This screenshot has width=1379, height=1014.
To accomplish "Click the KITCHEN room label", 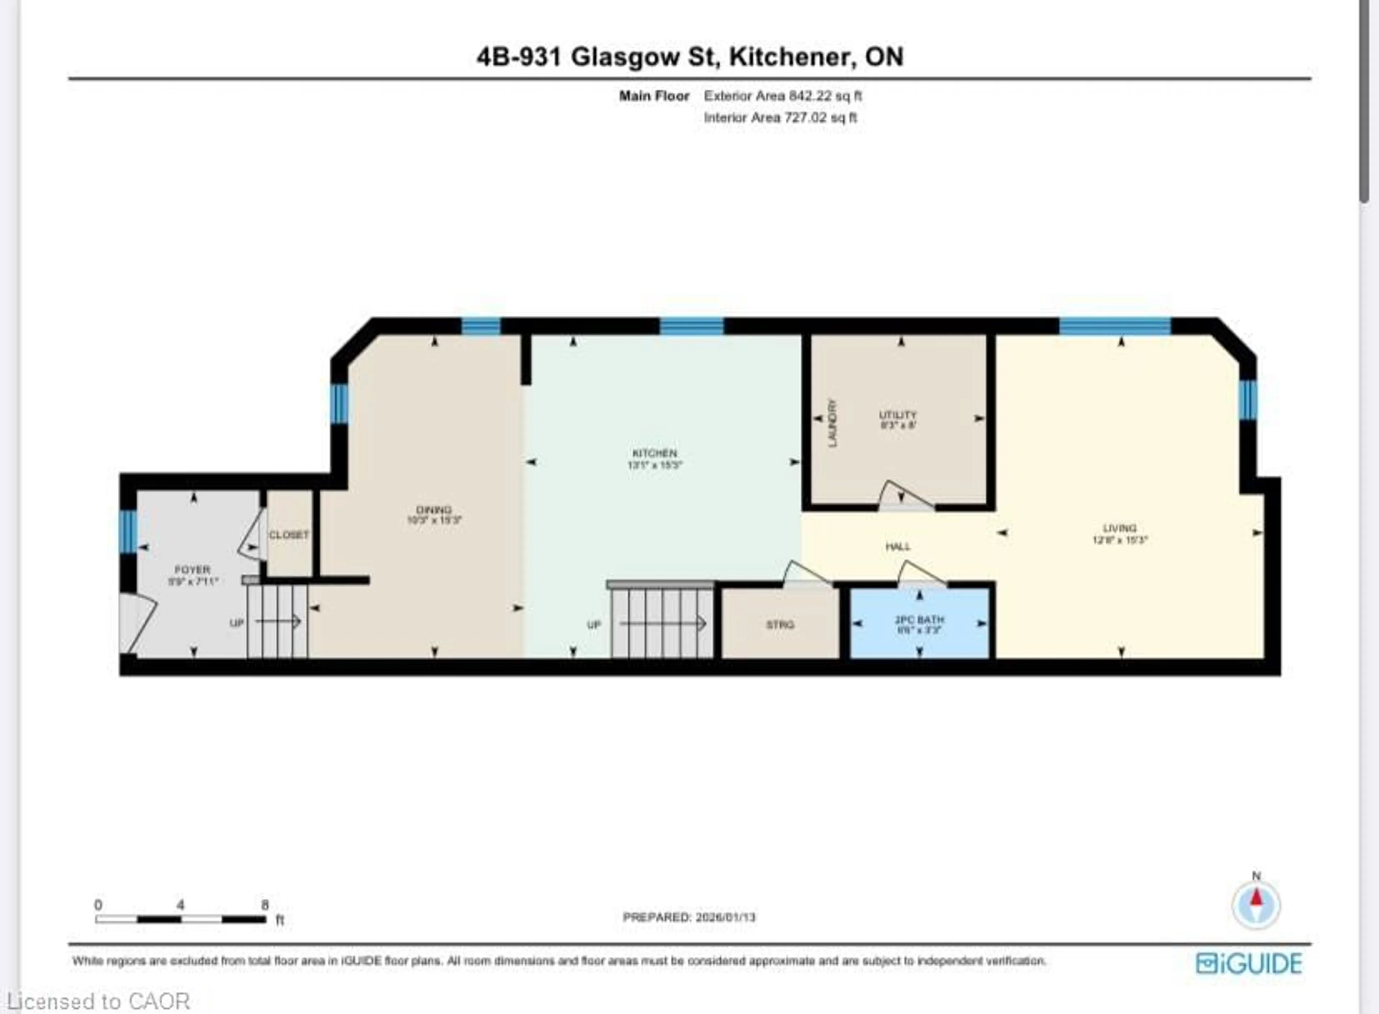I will pyautogui.click(x=654, y=453).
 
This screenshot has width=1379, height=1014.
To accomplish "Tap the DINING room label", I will pyautogui.click(x=434, y=510).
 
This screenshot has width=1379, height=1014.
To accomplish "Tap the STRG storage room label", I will pyautogui.click(x=780, y=624).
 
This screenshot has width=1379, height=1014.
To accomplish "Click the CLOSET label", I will pyautogui.click(x=288, y=535).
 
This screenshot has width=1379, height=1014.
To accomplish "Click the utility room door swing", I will pyautogui.click(x=902, y=496).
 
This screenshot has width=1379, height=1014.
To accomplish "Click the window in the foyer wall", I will pyautogui.click(x=127, y=531).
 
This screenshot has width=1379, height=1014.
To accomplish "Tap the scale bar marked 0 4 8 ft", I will pyautogui.click(x=180, y=919).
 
